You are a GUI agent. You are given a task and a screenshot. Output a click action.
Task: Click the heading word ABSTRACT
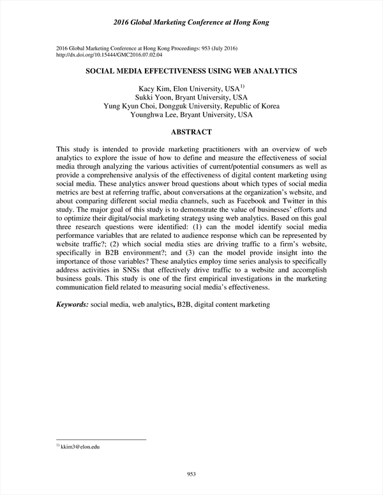[191, 132]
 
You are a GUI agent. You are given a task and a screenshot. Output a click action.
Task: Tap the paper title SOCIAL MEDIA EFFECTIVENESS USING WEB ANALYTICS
[191, 72]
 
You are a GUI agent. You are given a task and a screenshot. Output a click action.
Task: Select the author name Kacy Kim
[153, 88]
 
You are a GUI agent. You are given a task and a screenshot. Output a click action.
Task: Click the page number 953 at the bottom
[191, 473]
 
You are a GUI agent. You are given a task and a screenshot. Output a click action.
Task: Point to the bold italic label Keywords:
[72, 305]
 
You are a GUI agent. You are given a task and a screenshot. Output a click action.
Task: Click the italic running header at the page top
[191, 22]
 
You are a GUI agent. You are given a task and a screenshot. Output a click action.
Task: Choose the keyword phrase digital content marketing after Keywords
[232, 305]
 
